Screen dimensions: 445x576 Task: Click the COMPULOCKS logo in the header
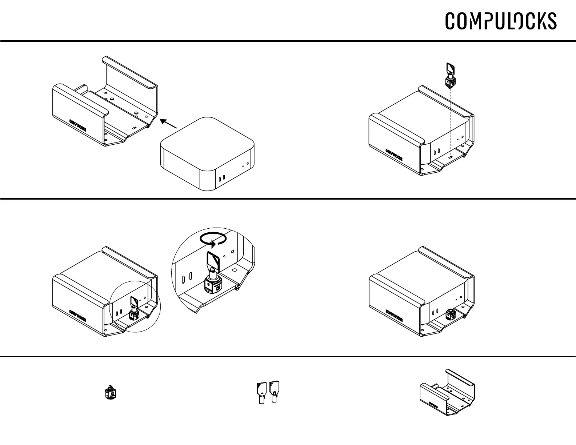[501, 21]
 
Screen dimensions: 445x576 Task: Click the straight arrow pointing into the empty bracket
[168, 124]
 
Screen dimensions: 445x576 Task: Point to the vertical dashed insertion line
[451, 120]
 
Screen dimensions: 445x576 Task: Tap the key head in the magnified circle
[212, 260]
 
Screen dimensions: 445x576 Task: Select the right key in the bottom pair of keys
[274, 391]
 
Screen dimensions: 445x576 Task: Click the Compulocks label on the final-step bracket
[394, 316]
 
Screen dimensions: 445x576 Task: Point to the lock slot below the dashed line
[451, 157]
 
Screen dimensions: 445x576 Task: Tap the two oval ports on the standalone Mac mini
[221, 178]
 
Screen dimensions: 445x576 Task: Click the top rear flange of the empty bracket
[130, 72]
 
